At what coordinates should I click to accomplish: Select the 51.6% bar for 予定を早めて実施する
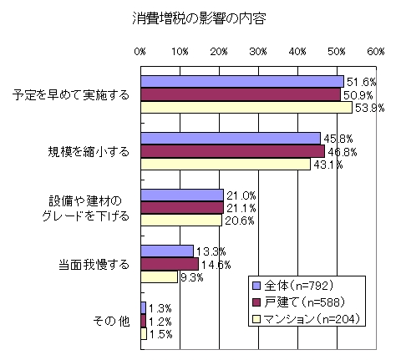pyautogui.click(x=242, y=81)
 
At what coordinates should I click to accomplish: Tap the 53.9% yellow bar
pyautogui.click(x=246, y=107)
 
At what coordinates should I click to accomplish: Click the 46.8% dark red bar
pyautogui.click(x=232, y=151)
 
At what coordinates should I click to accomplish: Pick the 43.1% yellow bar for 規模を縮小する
pyautogui.click(x=225, y=165)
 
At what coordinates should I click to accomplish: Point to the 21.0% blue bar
pyautogui.click(x=181, y=195)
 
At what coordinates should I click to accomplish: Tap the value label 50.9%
pyautogui.click(x=361, y=94)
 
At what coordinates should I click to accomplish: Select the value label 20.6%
pyautogui.click(x=238, y=221)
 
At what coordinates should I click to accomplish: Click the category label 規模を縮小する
pyautogui.click(x=89, y=151)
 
